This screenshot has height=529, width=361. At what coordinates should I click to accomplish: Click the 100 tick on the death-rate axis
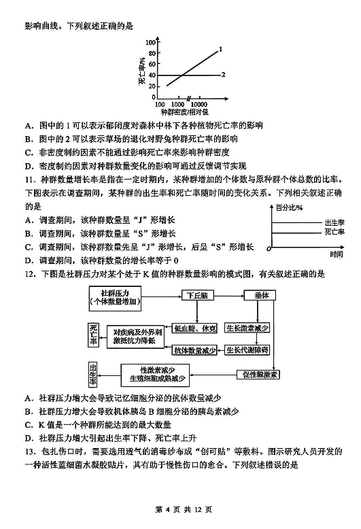click(x=150, y=42)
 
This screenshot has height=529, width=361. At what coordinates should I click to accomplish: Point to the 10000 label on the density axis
click(x=199, y=105)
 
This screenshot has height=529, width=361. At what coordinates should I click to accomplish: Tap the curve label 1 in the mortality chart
click(x=221, y=49)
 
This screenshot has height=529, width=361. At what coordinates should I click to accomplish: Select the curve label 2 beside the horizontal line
click(x=223, y=75)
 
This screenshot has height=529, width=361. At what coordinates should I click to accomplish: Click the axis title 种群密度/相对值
click(x=184, y=112)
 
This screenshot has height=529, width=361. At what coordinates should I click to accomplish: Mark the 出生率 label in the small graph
click(x=334, y=222)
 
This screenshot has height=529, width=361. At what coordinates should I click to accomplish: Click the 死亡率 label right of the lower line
click(x=334, y=232)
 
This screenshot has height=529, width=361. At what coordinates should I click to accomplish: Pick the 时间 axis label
click(x=337, y=254)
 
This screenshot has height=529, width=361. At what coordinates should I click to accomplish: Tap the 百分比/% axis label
click(x=289, y=208)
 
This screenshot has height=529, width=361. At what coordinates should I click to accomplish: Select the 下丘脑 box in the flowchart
click(x=198, y=296)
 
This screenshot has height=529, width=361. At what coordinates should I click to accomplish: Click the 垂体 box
click(x=260, y=296)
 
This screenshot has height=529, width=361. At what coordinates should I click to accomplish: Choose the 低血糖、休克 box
click(x=194, y=328)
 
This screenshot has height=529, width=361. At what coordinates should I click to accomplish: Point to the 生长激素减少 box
click(x=247, y=328)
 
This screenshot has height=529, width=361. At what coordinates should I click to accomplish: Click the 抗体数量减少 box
click(x=194, y=350)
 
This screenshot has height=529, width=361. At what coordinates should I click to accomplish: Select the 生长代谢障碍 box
click(x=247, y=350)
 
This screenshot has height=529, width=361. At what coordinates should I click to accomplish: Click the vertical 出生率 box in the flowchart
click(x=93, y=375)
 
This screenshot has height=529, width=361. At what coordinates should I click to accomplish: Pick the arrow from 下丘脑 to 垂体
click(x=229, y=296)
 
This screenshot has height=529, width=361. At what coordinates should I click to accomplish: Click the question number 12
click(x=30, y=274)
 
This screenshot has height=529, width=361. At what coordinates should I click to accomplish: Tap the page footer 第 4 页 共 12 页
click(x=184, y=509)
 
